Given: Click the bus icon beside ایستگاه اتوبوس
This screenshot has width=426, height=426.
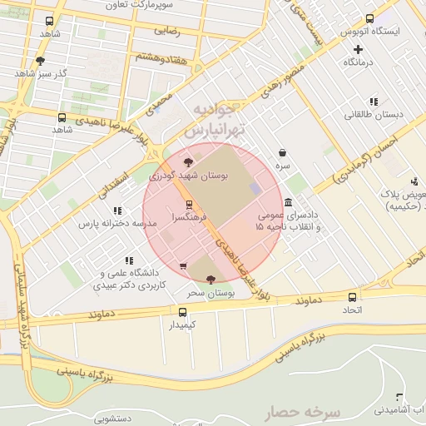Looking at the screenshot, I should click(369, 19).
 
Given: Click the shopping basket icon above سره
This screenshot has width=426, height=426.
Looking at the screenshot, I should click(284, 153).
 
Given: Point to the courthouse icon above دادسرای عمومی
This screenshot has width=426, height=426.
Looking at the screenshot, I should click(288, 202).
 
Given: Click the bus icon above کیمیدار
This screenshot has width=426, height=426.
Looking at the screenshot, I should click(183, 311).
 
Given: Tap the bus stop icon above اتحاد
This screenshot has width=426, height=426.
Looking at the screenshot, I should click(353, 298).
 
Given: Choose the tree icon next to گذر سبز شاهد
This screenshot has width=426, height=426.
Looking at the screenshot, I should click(39, 61).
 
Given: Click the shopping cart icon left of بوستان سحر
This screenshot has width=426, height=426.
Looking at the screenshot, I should click(182, 266).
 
